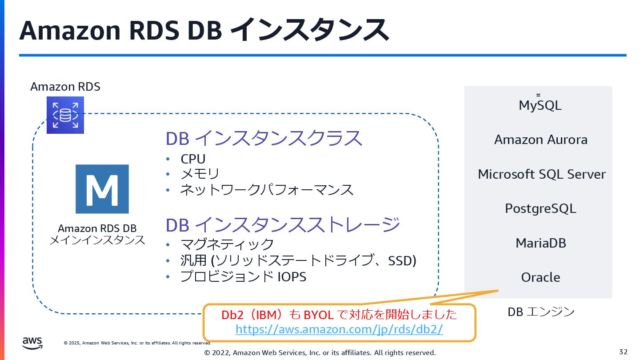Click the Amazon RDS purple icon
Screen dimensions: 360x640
65,115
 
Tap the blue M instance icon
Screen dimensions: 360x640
102,189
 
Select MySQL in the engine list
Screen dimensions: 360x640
540,105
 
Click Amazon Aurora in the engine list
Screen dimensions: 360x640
540,140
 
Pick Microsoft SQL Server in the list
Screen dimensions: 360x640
541,174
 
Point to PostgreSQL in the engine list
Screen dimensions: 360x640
540,208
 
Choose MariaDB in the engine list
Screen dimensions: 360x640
540,243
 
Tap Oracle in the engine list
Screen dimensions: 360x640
540,277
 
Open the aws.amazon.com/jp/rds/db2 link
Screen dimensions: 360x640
339,329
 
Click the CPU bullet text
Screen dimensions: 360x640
193,159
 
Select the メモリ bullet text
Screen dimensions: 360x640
200,174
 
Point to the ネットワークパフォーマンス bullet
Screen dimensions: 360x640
267,190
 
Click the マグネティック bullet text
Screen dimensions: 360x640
227,244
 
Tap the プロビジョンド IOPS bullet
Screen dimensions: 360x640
243,276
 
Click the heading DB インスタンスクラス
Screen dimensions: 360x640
264,139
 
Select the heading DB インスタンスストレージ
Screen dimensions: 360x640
283,224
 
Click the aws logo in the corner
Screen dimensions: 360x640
32,342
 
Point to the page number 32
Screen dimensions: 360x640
623,352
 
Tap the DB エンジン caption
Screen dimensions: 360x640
541,312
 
